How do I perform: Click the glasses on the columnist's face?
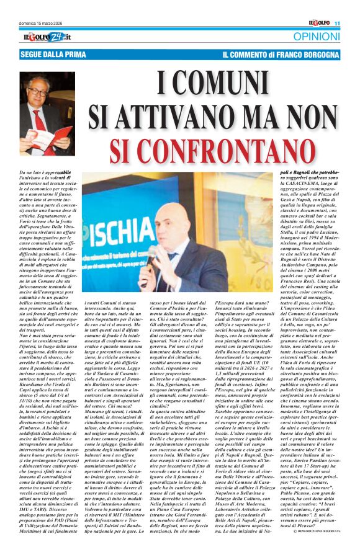click(40, 92)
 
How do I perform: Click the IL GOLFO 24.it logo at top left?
click(43, 37)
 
